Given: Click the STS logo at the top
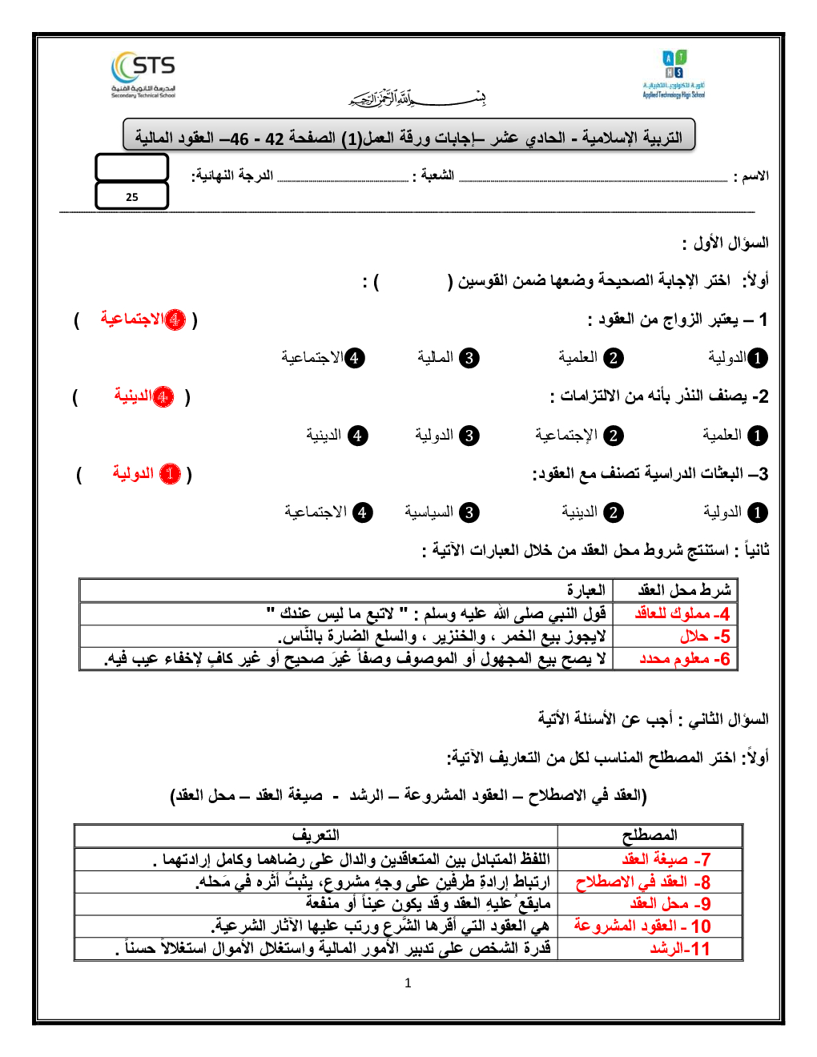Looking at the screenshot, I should point(144,74).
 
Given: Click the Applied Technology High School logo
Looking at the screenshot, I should point(674,74).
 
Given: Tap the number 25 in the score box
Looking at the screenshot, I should point(132,197).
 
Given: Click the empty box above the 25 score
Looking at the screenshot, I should point(132,167).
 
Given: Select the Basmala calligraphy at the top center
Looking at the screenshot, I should point(417,98).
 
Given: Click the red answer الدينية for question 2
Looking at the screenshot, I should point(143,396).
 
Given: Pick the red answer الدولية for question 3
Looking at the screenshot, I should point(146,474).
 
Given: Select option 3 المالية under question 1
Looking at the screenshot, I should point(447,358).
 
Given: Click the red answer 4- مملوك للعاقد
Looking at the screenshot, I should point(682,614).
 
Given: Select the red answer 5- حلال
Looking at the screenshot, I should point(705,637).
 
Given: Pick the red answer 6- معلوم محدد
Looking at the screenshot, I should point(685,659).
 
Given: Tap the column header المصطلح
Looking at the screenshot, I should point(650,836).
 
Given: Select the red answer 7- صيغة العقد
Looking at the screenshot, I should point(666,859).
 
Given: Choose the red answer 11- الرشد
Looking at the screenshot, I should point(680,949).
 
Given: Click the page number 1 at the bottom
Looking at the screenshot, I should point(408,983).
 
